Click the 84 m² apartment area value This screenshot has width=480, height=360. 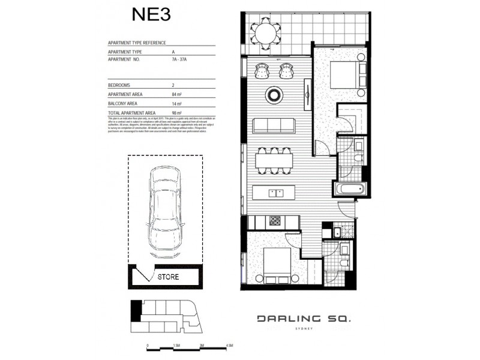(159, 95)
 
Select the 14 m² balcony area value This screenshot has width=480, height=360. (159, 104)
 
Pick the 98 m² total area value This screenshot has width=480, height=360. (159, 112)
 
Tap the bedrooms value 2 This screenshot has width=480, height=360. (156, 86)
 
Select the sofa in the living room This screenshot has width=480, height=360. (274, 125)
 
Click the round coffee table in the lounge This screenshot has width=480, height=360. (274, 94)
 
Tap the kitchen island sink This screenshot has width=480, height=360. (276, 193)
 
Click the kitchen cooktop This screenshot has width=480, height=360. (275, 221)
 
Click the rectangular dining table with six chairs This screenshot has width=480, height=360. (274, 160)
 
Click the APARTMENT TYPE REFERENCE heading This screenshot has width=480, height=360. (136, 44)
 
